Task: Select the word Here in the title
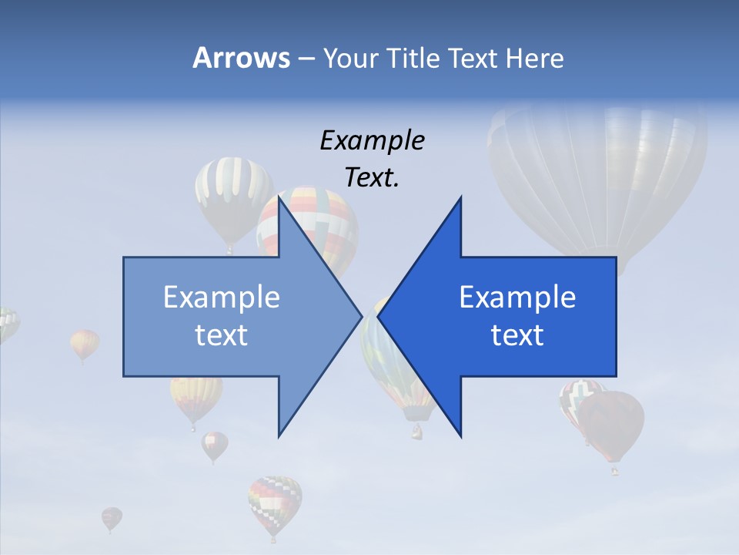coord(534,58)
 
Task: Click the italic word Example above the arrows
coord(372,141)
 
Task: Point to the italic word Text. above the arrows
coord(372,178)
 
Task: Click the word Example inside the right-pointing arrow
coord(222,297)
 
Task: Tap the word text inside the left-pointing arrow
coord(517,335)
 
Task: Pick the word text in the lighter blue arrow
coord(222,335)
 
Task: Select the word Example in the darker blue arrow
coord(517,297)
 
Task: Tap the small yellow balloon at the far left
coord(84,343)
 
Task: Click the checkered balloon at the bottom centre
coord(275,501)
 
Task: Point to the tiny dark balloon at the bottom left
coord(112,517)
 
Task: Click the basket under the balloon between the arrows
coord(416,432)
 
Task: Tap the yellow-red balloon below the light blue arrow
coord(196,397)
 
